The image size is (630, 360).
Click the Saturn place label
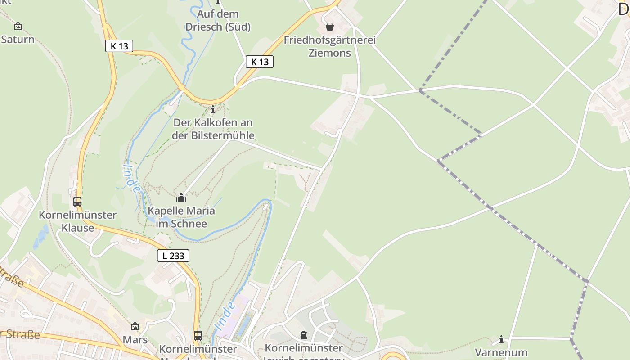[x=18, y=40]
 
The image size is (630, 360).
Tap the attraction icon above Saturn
[x=18, y=26]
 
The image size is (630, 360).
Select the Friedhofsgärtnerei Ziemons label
[x=329, y=46]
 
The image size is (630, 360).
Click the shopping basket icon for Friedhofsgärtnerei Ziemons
[x=330, y=27]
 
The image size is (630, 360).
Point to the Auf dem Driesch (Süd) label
[x=218, y=20]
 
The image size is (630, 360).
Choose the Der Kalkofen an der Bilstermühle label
[x=213, y=129]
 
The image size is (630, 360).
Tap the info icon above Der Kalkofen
[x=213, y=109]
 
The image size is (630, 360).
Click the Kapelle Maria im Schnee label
[x=181, y=217]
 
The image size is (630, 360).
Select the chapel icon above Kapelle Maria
[x=181, y=198]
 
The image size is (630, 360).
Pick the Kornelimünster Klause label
[x=77, y=221]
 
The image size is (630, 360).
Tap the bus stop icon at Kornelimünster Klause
[x=77, y=201]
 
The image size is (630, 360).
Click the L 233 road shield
[x=173, y=256]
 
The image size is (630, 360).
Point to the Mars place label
[x=135, y=340]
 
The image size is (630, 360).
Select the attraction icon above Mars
[x=135, y=326]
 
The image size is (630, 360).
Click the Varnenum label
[x=501, y=352]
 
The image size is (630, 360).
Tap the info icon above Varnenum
[x=501, y=339]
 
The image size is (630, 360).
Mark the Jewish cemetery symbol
[x=304, y=335]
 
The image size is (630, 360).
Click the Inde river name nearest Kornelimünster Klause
[x=131, y=178]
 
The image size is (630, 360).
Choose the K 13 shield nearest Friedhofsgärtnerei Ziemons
[x=260, y=62]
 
